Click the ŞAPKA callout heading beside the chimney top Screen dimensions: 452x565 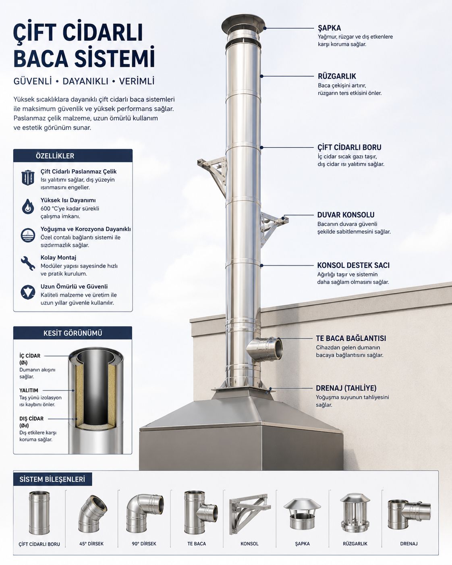(x=329, y=28)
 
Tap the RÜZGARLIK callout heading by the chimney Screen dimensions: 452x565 (x=337, y=77)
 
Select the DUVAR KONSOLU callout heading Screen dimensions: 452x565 (x=346, y=215)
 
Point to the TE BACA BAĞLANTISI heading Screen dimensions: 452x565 (x=351, y=338)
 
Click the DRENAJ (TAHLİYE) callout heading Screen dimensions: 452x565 (x=346, y=388)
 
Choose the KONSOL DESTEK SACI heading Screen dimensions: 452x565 (x=353, y=265)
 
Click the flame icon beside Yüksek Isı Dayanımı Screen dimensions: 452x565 (x=28, y=206)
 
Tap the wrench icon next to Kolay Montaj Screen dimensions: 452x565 (x=28, y=263)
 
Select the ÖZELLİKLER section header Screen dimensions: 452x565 (x=55, y=156)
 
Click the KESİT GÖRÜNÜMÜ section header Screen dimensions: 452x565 (x=73, y=333)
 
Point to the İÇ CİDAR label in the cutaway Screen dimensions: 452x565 (x=30, y=356)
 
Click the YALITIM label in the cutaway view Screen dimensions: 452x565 (x=29, y=391)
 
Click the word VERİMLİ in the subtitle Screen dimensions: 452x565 (x=137, y=81)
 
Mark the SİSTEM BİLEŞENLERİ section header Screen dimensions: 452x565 (x=52, y=480)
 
